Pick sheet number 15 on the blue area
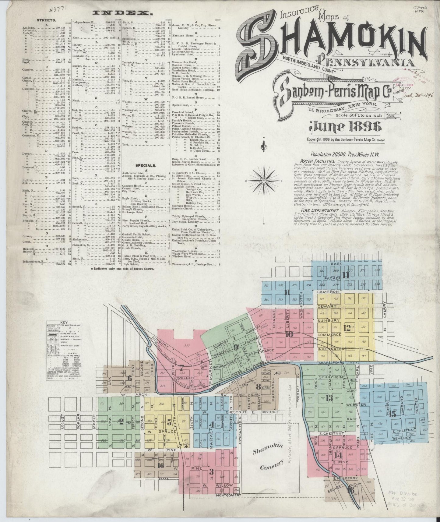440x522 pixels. point(392,414)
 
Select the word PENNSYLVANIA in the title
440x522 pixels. point(365,62)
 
